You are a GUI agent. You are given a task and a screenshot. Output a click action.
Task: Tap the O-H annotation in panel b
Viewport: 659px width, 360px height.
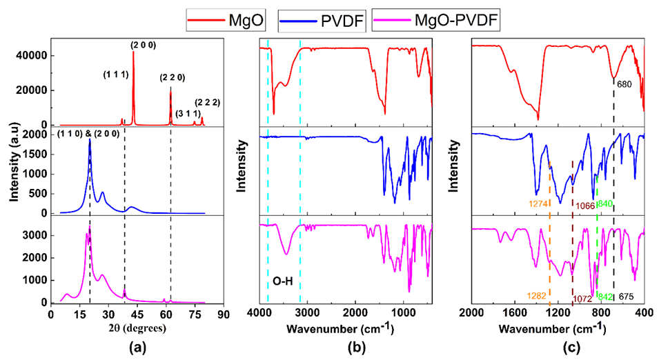[x=285, y=281]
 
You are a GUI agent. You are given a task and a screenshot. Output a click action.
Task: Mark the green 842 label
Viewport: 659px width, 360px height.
[x=606, y=297]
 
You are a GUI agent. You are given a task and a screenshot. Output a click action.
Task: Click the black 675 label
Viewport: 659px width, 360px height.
[x=627, y=297]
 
